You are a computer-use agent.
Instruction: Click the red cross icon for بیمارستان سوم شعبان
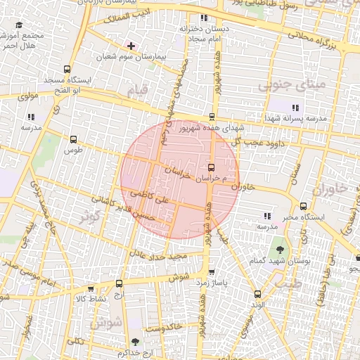tap(131, 45)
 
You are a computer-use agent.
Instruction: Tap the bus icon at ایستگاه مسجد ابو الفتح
tap(67, 70)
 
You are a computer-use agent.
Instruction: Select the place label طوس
tap(73, 150)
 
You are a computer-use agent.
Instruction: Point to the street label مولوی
tap(25, 95)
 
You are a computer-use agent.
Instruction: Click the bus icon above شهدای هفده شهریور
tap(212, 117)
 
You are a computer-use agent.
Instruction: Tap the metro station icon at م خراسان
tap(212, 167)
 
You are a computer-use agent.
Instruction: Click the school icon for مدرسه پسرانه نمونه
tap(295, 108)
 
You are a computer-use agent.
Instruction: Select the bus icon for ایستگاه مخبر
tap(303, 207)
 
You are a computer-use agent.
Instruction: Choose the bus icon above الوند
tap(257, 294)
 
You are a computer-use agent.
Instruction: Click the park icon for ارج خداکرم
tap(134, 342)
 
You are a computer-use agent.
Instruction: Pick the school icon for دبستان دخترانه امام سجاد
tap(203, 18)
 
